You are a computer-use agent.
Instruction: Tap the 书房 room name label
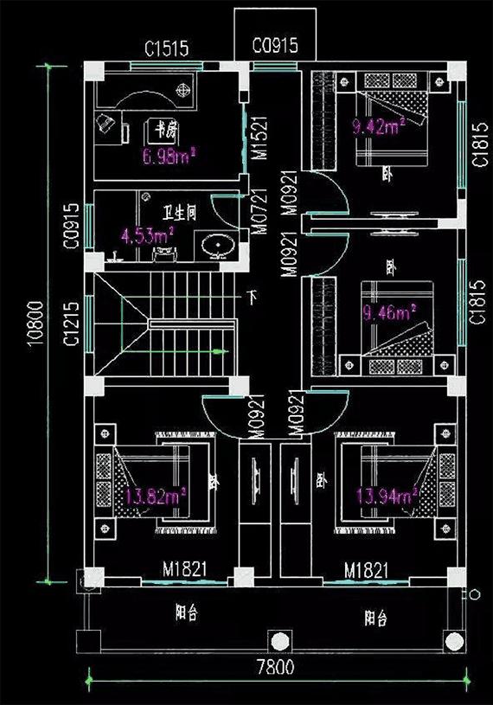[163, 130]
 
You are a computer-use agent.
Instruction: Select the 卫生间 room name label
[179, 211]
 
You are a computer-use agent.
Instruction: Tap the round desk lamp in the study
[183, 88]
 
